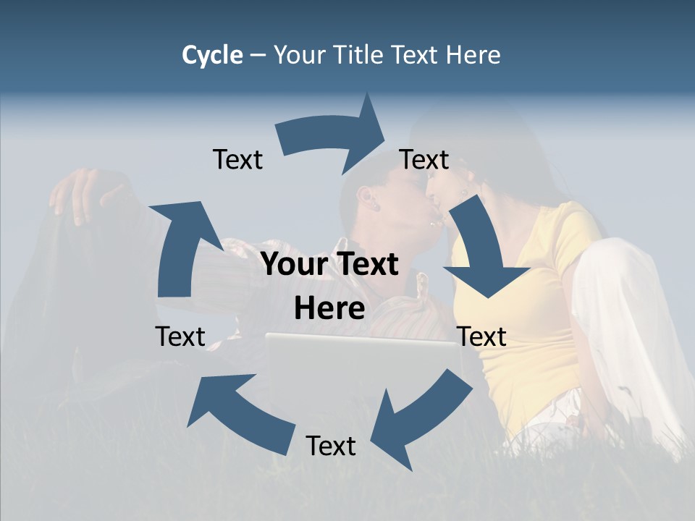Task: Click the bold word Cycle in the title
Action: pos(212,55)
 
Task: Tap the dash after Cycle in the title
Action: pos(258,55)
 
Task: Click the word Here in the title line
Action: pos(471,55)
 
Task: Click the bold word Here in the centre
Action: pos(329,309)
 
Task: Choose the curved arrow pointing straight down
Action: pos(481,250)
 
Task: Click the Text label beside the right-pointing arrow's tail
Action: pos(237,159)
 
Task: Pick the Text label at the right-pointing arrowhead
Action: pos(424,159)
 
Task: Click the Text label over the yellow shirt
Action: pos(482,336)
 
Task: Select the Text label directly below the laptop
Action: pos(331,446)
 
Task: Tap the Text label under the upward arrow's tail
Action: pos(180,336)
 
